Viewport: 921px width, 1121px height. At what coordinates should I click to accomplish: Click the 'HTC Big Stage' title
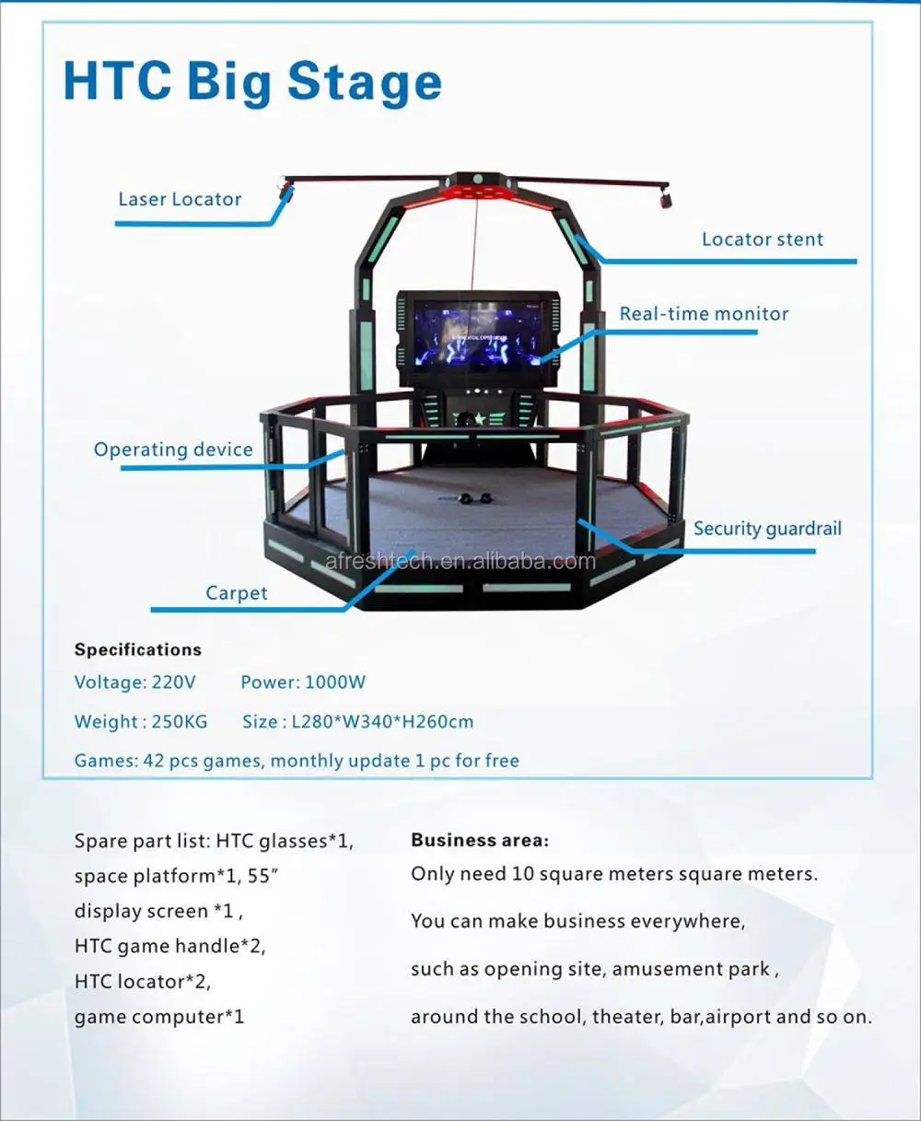252,82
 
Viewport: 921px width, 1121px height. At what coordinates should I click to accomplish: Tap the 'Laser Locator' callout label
180,199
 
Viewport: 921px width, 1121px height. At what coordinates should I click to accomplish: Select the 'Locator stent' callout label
762,239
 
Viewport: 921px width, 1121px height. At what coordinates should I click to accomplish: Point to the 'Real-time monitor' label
704,314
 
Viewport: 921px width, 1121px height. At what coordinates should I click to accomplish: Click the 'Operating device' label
173,450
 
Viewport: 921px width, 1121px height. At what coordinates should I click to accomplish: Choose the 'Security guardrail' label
767,529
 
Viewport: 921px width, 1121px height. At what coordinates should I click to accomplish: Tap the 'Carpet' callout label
236,593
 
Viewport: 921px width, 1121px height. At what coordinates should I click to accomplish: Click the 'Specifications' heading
138,649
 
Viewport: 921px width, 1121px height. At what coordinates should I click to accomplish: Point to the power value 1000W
335,683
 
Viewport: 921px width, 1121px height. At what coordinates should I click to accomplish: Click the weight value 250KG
180,722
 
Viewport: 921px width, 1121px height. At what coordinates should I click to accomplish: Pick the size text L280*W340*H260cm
382,722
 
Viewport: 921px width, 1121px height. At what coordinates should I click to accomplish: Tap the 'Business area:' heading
480,840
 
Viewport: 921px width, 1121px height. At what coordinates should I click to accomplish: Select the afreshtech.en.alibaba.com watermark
460,561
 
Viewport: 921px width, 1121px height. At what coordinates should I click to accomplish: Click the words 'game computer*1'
159,1017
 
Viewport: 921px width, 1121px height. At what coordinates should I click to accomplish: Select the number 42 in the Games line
154,761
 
